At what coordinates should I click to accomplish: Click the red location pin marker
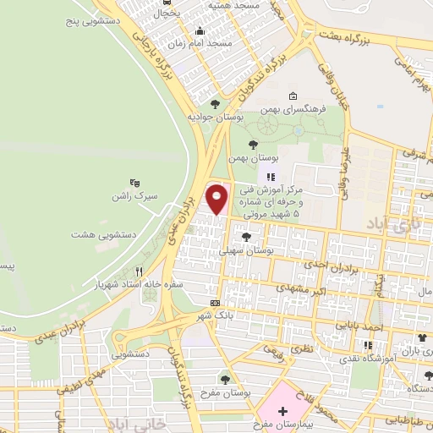point(218,199)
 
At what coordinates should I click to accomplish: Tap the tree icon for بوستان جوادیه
point(215,104)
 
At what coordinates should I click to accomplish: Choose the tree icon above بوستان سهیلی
point(246,237)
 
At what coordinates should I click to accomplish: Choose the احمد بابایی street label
point(363,324)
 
